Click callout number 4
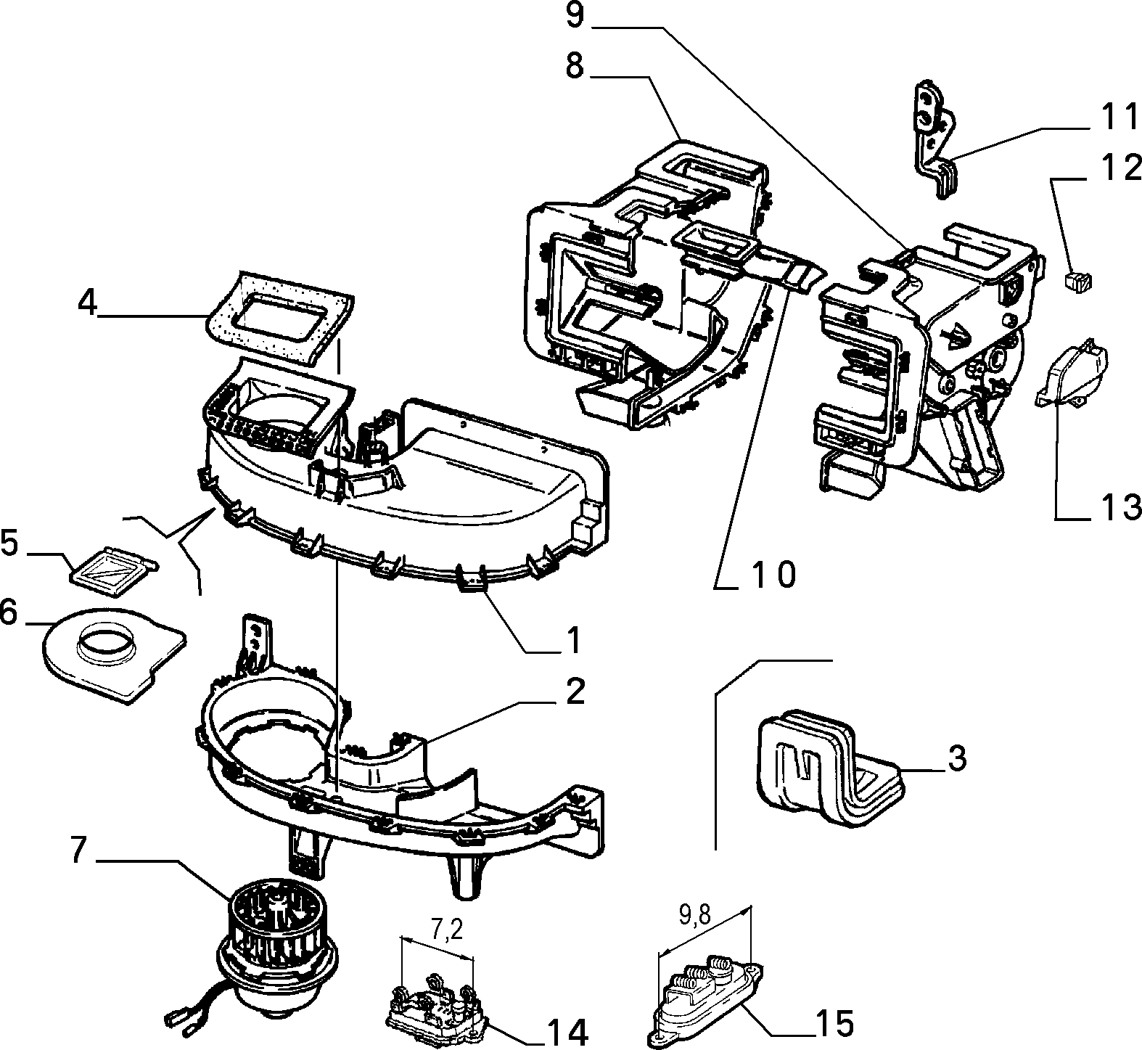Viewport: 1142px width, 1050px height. point(87,303)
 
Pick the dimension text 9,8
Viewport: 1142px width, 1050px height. point(695,916)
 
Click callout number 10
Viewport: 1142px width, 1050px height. point(773,574)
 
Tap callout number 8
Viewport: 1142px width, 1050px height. point(574,67)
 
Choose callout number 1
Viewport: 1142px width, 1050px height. point(573,640)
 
